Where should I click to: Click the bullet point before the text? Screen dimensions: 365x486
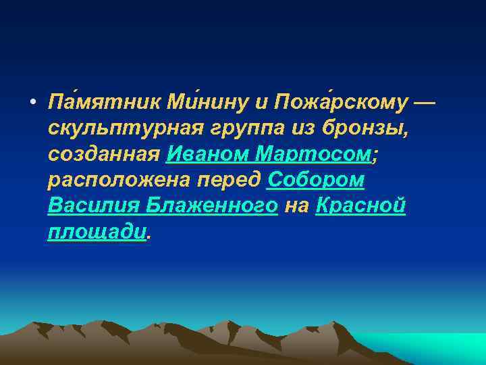[32, 103]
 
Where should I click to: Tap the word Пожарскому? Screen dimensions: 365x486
[335, 103]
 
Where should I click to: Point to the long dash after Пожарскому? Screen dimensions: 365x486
[423, 103]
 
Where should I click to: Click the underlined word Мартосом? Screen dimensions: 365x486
[314, 155]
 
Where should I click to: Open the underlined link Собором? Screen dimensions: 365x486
[316, 180]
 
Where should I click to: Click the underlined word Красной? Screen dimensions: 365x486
[360, 206]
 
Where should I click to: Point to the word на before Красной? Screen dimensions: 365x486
[296, 206]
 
